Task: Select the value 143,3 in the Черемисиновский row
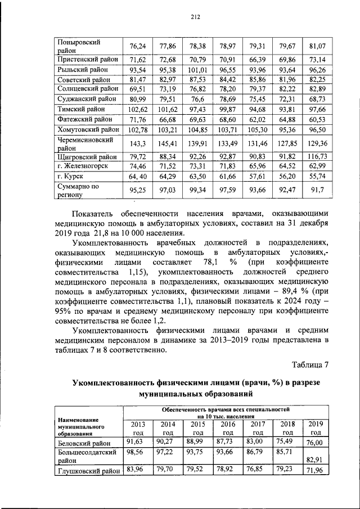[138, 143]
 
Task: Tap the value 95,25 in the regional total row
[138, 191]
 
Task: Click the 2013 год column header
[138, 428]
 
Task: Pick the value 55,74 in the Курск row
[317, 177]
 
